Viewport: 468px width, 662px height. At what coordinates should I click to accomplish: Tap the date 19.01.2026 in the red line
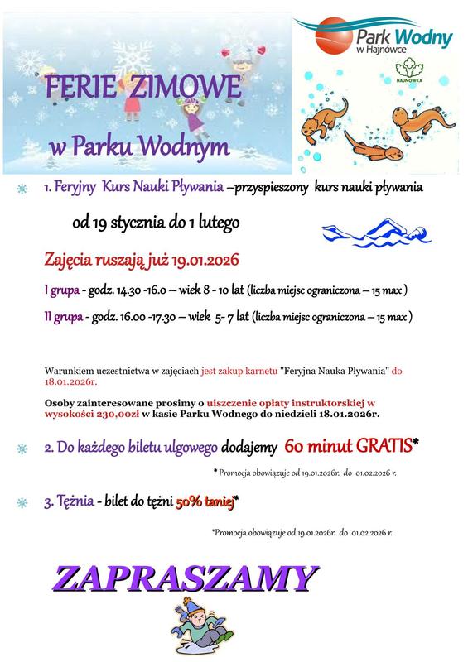click(x=205, y=261)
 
